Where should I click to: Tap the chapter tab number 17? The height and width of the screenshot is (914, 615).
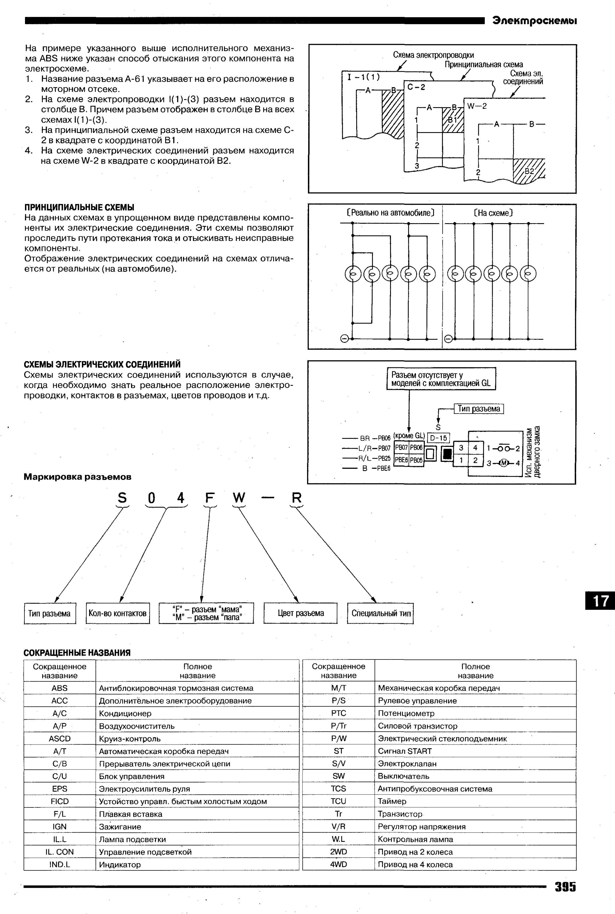pos(600,601)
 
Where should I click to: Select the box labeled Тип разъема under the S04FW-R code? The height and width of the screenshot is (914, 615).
pos(50,613)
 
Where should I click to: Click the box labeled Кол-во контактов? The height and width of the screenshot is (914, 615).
pos(118,613)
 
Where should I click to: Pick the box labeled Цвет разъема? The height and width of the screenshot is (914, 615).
pos(300,613)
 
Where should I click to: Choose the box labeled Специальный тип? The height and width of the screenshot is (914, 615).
pos(380,613)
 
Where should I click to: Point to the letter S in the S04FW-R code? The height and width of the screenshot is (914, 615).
pos(122,498)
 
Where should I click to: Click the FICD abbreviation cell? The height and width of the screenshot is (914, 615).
pos(60,801)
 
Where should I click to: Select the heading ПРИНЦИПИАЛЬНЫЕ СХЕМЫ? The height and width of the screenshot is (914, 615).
pos(79,207)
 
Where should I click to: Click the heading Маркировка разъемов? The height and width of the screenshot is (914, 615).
pos(78,477)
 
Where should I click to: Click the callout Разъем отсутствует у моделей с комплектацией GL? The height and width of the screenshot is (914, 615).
pos(441,379)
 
